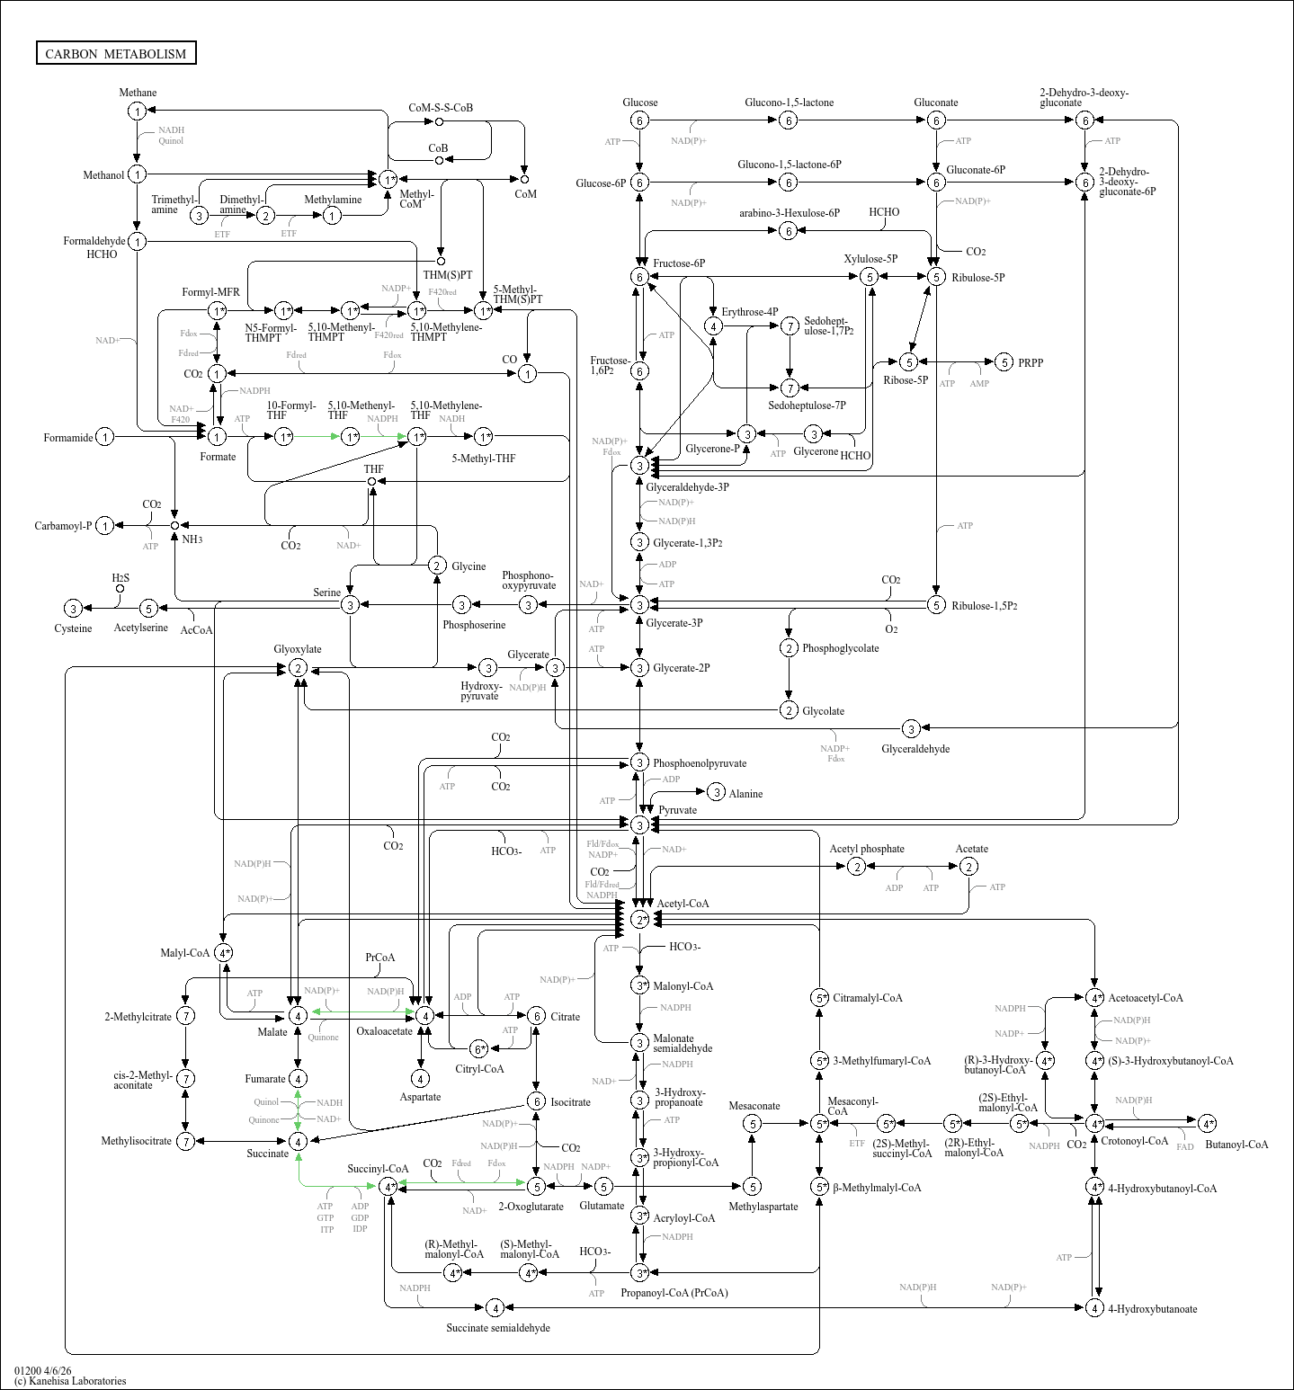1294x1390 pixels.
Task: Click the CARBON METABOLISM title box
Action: [x=116, y=53]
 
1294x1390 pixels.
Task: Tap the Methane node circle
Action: [x=137, y=111]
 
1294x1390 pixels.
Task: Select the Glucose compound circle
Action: [x=639, y=120]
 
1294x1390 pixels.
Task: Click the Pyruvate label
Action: [x=677, y=810]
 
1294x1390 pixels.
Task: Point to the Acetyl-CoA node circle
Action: [x=639, y=920]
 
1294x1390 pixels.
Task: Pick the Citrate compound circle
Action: [x=536, y=1016]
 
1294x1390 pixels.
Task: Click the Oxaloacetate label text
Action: [x=385, y=1031]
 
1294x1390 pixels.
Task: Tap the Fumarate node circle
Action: [x=298, y=1078]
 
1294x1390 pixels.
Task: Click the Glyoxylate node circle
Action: [x=298, y=668]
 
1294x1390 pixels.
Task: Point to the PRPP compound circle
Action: [x=1004, y=362]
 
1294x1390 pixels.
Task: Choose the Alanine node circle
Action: [x=716, y=792]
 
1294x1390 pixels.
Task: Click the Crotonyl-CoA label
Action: [x=1135, y=1141]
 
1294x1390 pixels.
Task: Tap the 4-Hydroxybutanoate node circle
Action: [x=1094, y=1307]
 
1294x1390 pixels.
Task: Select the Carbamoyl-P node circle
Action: [x=105, y=526]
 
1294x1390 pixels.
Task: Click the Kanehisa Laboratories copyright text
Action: [x=70, y=1381]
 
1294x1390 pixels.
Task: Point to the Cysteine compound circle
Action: [x=73, y=609]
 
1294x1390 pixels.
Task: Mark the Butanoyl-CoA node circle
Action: [x=1207, y=1124]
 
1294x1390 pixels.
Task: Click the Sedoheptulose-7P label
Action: [x=807, y=405]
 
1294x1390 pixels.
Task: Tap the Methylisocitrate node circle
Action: [x=185, y=1141]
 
